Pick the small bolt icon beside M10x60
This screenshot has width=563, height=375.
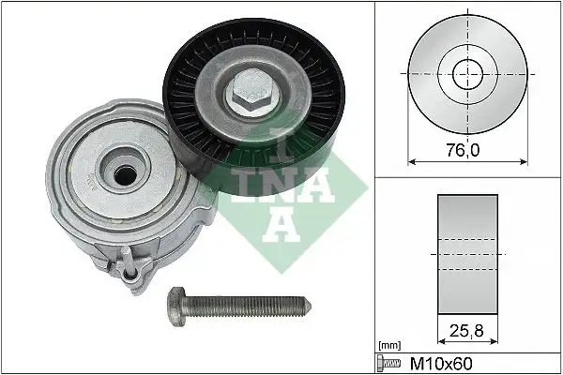(x=385, y=361)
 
